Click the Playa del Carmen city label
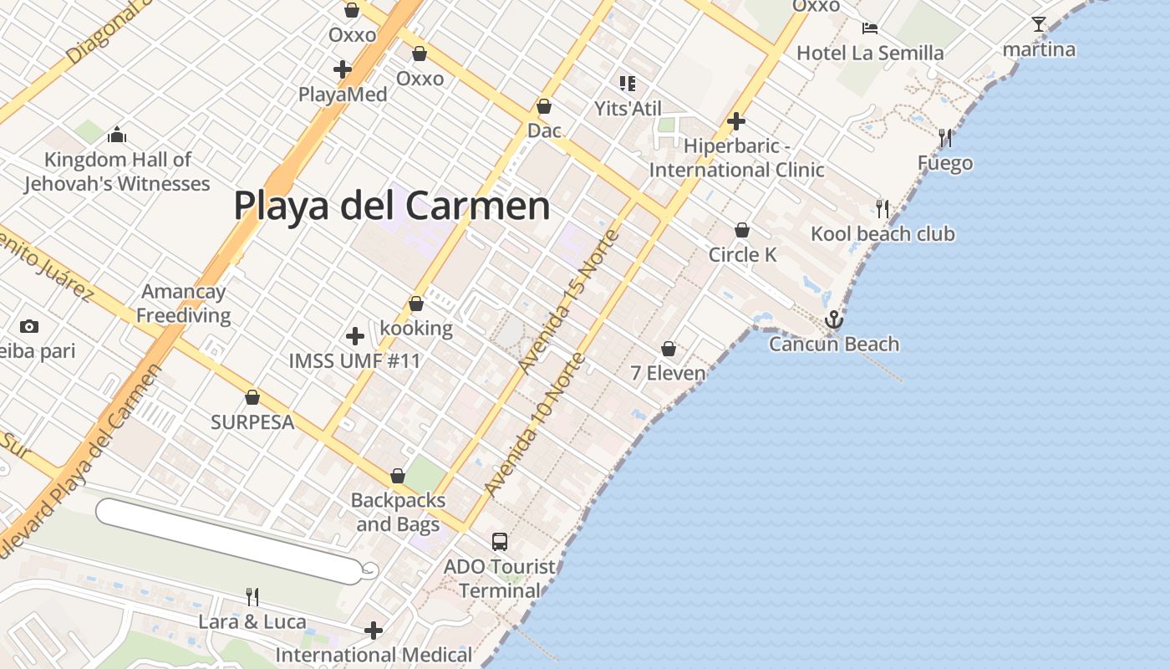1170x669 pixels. [391, 206]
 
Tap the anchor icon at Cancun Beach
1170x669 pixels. [833, 319]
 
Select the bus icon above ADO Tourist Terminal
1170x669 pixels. [500, 541]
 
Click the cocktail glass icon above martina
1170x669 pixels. [1039, 24]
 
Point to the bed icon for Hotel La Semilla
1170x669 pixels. [870, 28]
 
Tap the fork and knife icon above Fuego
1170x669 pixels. [945, 137]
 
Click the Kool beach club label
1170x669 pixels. [883, 233]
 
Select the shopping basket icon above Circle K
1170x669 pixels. [742, 230]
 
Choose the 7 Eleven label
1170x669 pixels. [668, 373]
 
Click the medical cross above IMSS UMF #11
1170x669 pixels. [355, 336]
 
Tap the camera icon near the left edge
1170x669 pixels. [29, 326]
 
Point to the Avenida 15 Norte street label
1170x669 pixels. [569, 301]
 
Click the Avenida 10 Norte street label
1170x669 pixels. [535, 425]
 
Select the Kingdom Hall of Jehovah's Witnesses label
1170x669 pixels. [117, 171]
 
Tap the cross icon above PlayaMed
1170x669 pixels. [343, 69]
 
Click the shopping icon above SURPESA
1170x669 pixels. [252, 397]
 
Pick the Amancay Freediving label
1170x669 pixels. [184, 304]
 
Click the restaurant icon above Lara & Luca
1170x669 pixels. [252, 596]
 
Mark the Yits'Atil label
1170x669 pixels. [628, 108]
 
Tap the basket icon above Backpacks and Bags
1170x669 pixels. [398, 476]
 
